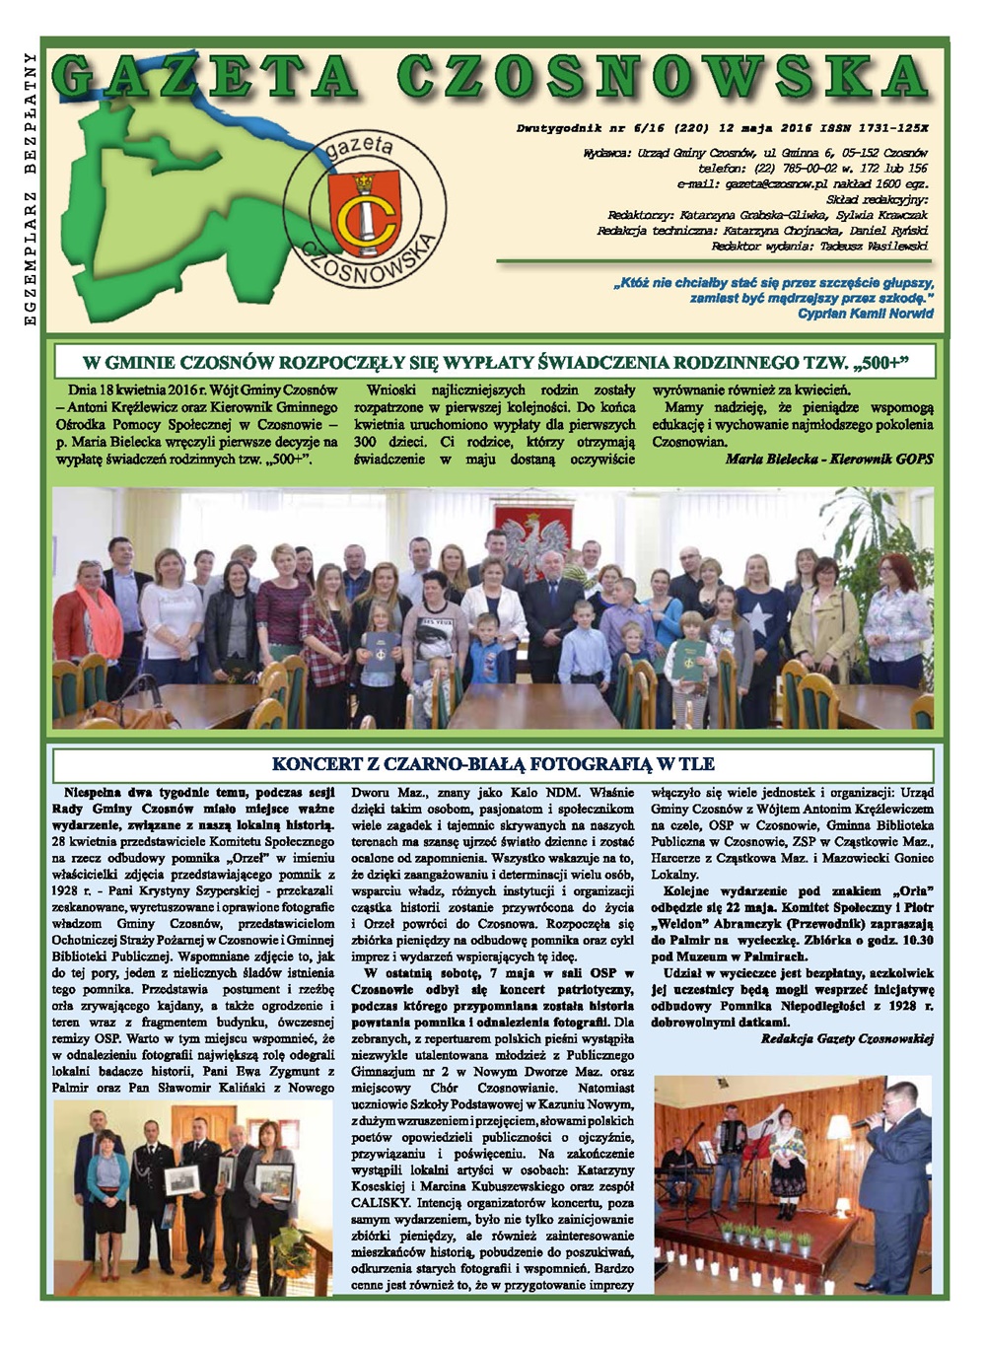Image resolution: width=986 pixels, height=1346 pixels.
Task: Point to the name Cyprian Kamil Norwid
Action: pyautogui.click(x=865, y=313)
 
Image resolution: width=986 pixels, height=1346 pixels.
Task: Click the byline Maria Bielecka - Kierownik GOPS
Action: pyautogui.click(x=828, y=459)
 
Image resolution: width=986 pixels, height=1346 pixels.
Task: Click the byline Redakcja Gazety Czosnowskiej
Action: pyautogui.click(x=847, y=1038)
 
